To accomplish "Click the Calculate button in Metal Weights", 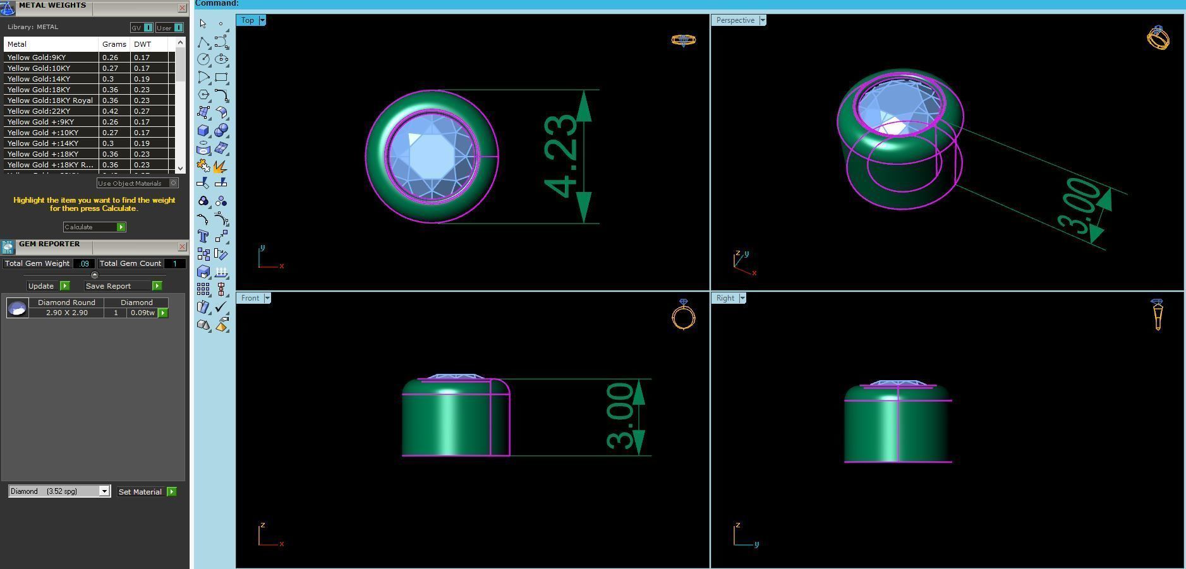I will point(94,227).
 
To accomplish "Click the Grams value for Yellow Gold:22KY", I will point(111,111).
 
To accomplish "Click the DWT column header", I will point(143,44).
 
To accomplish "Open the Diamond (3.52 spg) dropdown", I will point(104,491).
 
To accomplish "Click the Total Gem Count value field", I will point(174,263).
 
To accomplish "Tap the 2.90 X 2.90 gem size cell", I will point(66,313).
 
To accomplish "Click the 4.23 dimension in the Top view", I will point(560,156).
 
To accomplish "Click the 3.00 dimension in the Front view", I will point(620,416).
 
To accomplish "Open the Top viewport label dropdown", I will point(262,20).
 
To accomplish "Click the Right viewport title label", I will point(725,298).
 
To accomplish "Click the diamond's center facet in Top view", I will point(432,155).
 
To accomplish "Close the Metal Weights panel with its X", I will point(182,8).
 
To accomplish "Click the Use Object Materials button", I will point(137,183).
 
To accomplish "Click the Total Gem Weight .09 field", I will point(84,263).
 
